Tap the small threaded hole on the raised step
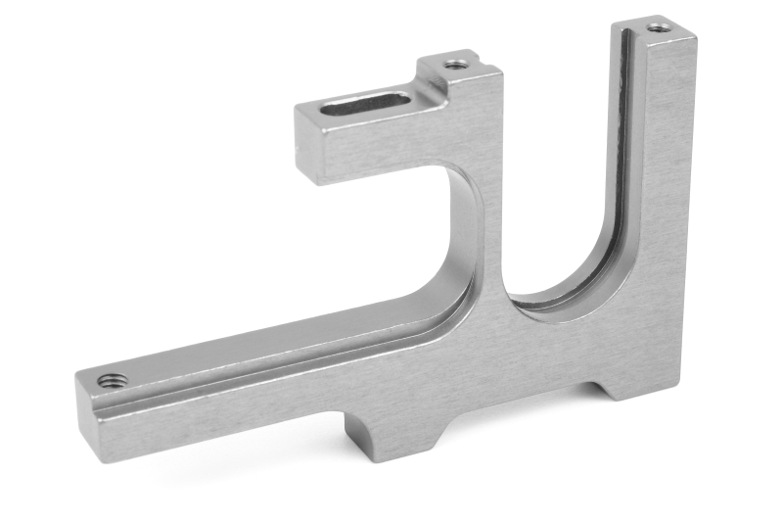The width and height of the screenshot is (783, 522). coord(454,65)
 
